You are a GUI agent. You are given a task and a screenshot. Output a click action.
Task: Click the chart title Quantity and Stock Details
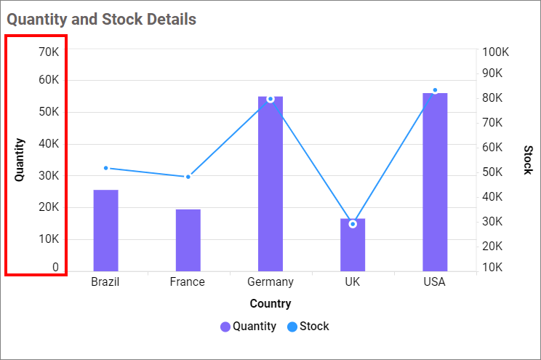pos(102,20)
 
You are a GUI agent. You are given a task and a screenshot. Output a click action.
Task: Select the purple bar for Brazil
pos(105,231)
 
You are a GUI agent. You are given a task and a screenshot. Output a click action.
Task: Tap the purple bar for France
pos(188,240)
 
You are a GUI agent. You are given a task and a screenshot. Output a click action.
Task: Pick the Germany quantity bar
pos(270,184)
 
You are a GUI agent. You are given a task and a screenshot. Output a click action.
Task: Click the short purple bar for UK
pos(353,245)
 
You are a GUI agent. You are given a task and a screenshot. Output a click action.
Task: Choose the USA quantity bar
pos(435,182)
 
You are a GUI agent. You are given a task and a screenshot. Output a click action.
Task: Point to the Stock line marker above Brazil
pos(105,168)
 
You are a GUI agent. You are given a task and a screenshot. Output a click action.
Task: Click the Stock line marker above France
pos(188,177)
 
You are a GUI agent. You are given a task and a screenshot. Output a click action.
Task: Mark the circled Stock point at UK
pos(353,224)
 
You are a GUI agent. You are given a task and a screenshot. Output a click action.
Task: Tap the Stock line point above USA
pos(435,90)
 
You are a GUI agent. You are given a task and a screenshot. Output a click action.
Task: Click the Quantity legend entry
pos(248,327)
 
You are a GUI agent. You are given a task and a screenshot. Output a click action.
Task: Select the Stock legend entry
pos(308,327)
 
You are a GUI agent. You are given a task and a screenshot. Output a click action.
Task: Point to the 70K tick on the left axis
pos(49,52)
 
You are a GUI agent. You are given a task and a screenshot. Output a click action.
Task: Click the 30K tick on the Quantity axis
pos(49,175)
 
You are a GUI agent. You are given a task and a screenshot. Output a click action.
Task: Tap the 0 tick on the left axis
pos(55,268)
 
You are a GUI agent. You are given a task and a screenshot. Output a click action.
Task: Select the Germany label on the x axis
pos(270,282)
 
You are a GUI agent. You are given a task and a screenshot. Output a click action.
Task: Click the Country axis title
pos(270,303)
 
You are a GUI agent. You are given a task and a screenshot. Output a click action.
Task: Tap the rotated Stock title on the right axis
pos(528,160)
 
